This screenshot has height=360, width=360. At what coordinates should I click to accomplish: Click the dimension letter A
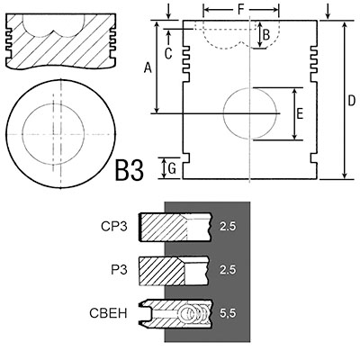148,67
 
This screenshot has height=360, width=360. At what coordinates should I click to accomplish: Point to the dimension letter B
266,35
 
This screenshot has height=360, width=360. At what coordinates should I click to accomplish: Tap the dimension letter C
168,54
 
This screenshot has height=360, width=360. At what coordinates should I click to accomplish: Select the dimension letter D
351,101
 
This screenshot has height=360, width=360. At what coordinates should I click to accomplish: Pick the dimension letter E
300,114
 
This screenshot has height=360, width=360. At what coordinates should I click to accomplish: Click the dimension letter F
241,10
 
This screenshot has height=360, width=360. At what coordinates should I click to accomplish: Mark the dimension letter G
172,169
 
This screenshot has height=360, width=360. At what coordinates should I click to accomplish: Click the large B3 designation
130,171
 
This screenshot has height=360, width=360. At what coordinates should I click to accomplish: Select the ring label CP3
114,227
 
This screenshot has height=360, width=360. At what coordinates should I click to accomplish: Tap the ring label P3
119,270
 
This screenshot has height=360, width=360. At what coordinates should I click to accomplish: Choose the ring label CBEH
108,313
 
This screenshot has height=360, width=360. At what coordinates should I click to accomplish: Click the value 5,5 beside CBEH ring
228,313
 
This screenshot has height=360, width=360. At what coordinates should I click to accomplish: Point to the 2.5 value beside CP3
228,227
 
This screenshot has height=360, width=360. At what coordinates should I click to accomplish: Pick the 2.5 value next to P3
228,270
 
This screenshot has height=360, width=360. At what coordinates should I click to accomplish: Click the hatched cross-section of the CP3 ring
164,227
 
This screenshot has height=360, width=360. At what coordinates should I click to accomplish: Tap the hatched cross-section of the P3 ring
162,271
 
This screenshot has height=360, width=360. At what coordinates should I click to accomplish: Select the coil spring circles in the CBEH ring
193,313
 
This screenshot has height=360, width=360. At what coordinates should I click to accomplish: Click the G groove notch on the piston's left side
186,157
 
